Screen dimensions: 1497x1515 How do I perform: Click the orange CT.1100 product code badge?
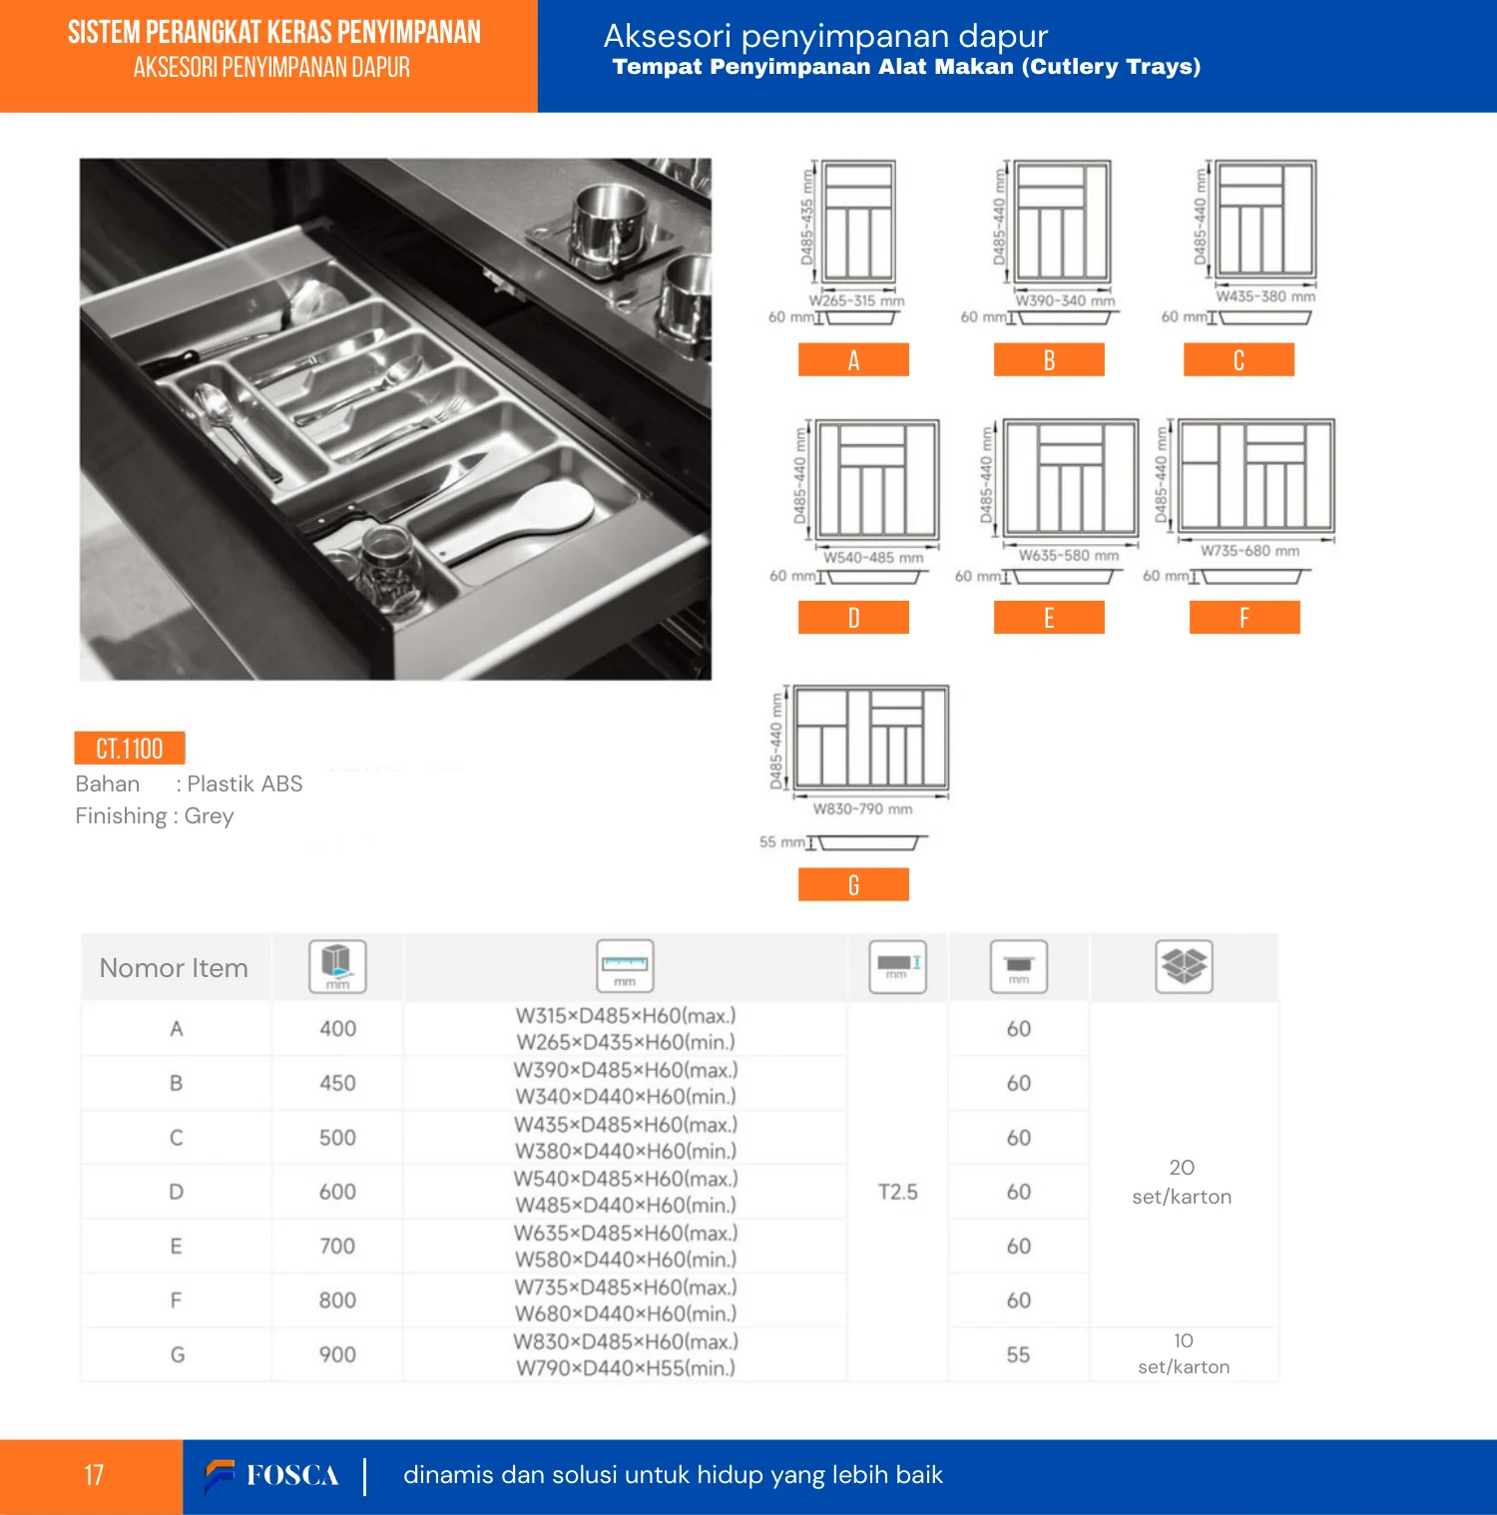[130, 749]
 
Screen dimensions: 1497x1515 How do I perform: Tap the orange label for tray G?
[853, 885]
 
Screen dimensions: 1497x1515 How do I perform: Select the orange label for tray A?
[853, 360]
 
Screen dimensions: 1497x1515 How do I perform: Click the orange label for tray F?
[1245, 618]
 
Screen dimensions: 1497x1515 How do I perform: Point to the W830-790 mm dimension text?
[862, 809]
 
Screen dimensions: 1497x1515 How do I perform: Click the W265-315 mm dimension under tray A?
[856, 300]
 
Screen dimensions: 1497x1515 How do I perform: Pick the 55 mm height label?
[781, 842]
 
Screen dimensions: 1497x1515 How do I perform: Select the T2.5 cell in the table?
[898, 1192]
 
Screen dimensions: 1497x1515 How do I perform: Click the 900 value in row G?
[337, 1354]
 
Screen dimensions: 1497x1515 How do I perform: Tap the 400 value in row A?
[337, 1029]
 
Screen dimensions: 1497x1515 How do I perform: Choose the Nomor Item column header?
[174, 968]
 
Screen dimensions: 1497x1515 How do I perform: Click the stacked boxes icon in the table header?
[1184, 966]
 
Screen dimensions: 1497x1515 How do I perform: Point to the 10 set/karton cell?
[1184, 1354]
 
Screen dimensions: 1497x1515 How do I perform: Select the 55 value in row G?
[1018, 1354]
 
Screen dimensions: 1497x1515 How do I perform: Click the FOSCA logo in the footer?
[272, 1475]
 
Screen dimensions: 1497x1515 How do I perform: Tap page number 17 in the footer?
[94, 1475]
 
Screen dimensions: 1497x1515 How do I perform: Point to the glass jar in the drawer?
[391, 569]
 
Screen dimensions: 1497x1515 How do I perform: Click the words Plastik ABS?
[245, 783]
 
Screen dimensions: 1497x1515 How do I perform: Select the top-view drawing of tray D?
[878, 479]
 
